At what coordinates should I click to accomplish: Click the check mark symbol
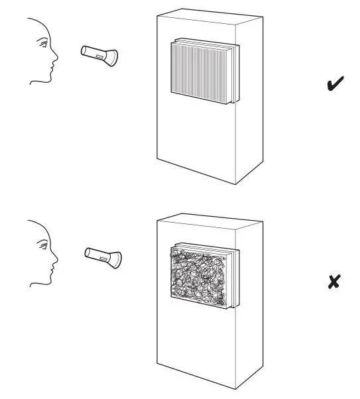[x=336, y=85]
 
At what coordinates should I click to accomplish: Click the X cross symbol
[x=335, y=282]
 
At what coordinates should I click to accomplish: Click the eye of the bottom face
[x=43, y=246]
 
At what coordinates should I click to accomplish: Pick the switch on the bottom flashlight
[x=102, y=256]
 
